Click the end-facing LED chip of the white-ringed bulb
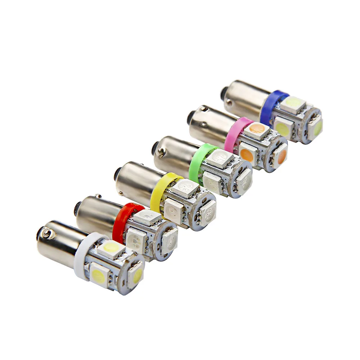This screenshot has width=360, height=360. pyautogui.click(x=136, y=275)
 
